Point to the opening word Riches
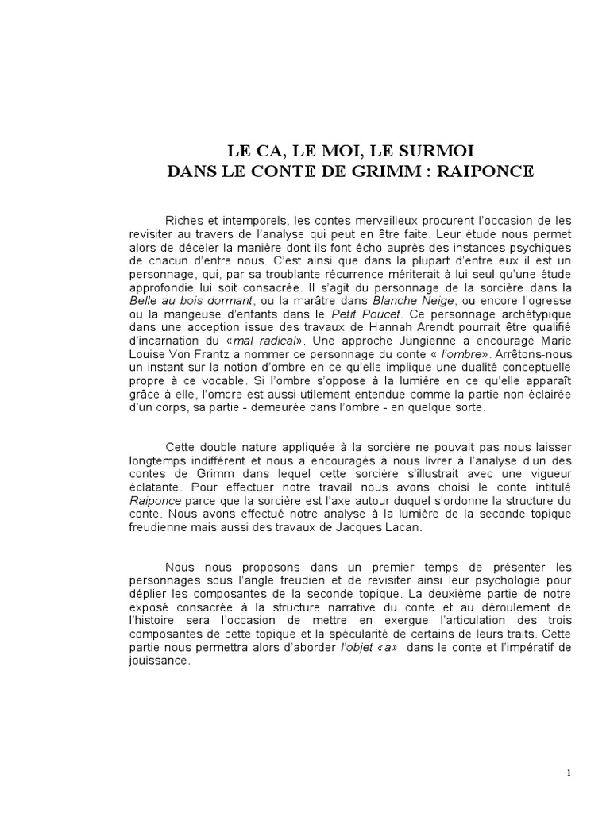point(183,219)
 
